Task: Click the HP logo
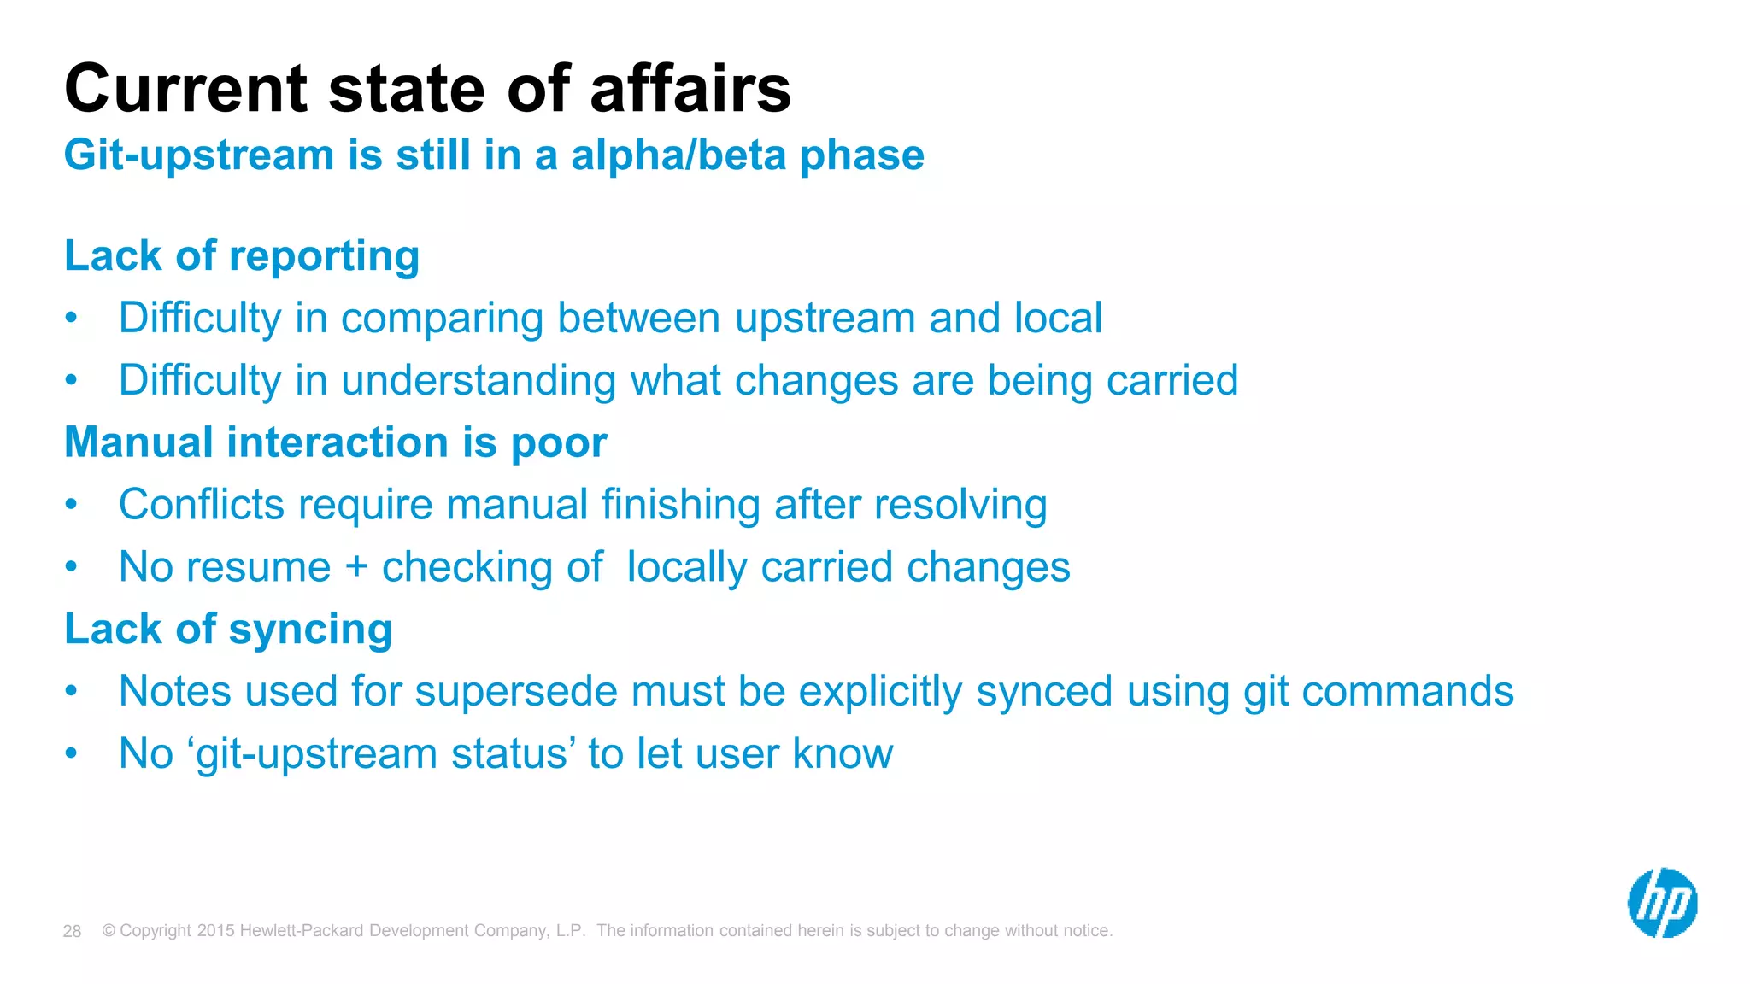coord(1662,903)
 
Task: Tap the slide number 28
coord(72,931)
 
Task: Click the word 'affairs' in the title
coord(690,89)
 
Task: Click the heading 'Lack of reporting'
coord(242,256)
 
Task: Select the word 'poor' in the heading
coord(559,443)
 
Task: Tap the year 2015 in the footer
coord(215,931)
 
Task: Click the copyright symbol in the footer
coord(109,931)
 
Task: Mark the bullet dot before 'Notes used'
coord(72,690)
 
